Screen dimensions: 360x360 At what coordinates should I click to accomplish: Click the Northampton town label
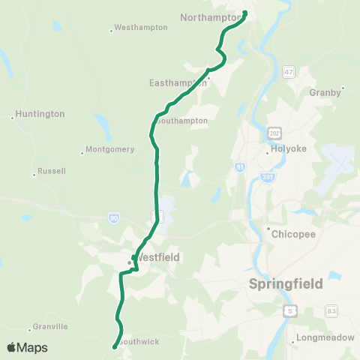209,16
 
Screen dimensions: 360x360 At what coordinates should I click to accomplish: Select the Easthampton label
178,82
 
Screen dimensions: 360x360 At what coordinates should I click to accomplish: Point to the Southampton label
182,120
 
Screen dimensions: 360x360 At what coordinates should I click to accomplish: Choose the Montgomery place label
109,148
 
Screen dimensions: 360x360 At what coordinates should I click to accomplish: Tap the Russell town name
52,171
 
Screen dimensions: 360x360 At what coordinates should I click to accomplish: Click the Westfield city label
158,257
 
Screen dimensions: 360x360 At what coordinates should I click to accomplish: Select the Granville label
52,326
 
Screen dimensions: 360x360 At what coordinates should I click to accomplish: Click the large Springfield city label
286,284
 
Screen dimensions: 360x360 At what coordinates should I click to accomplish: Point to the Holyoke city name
289,148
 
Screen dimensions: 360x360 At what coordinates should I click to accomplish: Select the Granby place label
325,93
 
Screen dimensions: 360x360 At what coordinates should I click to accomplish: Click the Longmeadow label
324,337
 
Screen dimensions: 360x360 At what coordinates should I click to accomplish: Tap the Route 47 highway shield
289,72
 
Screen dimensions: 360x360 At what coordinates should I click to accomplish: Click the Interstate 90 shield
113,217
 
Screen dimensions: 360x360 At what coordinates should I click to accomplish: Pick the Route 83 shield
332,310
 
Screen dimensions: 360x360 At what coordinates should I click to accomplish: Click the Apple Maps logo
27,347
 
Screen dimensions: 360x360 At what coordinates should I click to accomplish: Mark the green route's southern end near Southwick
114,346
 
